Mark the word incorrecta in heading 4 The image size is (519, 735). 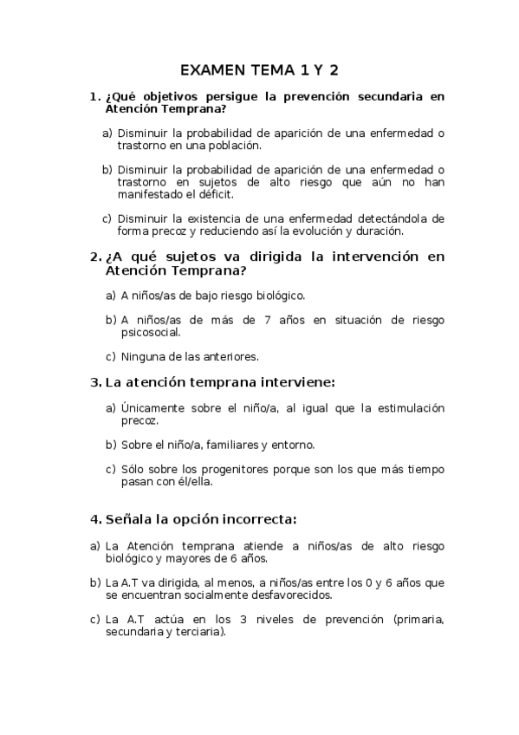pos(258,520)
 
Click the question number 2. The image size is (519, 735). pos(94,257)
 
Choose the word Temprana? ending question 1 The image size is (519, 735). pos(191,109)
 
